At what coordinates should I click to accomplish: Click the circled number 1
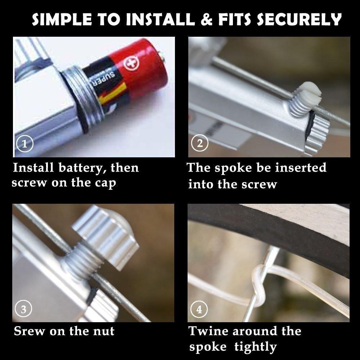click(24, 144)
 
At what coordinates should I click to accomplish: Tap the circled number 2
click(200, 143)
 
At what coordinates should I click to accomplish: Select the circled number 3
click(23, 309)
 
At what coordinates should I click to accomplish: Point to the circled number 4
click(199, 309)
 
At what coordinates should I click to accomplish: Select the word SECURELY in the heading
click(299, 19)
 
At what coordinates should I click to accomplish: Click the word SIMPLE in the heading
click(62, 19)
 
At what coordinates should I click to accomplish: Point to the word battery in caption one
click(83, 168)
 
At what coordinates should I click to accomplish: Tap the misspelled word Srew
click(29, 331)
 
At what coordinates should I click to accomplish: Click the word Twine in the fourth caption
click(208, 331)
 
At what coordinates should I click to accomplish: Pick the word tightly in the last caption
click(256, 347)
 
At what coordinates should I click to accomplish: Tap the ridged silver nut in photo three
click(105, 237)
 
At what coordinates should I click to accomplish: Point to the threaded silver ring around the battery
click(84, 99)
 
